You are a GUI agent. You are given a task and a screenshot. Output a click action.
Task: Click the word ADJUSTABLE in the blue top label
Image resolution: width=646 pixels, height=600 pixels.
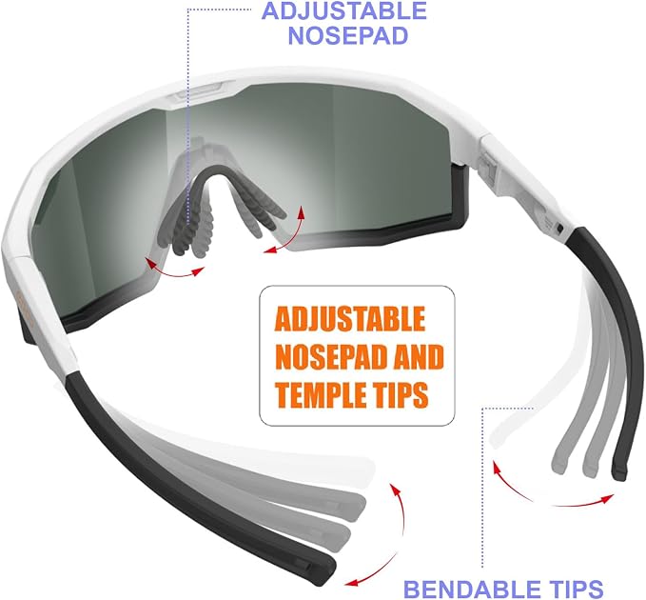click(344, 10)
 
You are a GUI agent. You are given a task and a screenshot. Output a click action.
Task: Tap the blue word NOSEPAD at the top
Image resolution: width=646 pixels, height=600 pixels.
click(347, 35)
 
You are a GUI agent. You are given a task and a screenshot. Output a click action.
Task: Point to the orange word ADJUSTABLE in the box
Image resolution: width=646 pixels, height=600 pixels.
click(350, 318)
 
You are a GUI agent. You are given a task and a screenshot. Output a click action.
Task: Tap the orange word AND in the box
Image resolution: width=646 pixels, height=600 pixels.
click(419, 356)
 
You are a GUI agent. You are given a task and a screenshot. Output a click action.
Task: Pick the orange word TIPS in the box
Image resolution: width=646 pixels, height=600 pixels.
click(400, 394)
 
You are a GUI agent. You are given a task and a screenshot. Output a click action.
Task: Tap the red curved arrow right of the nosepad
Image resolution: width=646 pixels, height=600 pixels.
click(289, 235)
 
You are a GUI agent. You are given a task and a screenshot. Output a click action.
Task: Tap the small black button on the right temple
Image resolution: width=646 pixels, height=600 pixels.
click(559, 228)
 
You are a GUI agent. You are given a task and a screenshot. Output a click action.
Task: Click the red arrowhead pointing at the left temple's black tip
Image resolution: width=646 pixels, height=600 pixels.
click(351, 583)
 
